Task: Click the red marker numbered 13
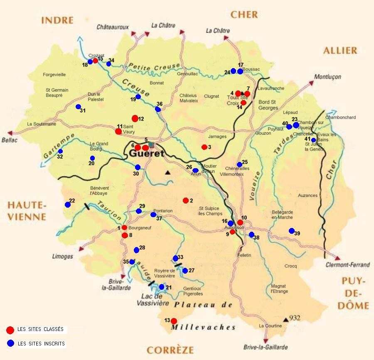[174, 321]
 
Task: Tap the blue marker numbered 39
[292, 231]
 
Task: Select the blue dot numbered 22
[68, 204]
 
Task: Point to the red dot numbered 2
[185, 201]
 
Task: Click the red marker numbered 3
[204, 147]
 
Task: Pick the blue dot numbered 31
[78, 107]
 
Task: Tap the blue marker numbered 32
[60, 151]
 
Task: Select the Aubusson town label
[234, 228]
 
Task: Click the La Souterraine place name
[42, 124]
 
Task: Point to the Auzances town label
[308, 196]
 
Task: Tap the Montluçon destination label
[327, 77]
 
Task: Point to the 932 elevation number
[295, 318]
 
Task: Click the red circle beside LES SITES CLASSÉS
[10, 330]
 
